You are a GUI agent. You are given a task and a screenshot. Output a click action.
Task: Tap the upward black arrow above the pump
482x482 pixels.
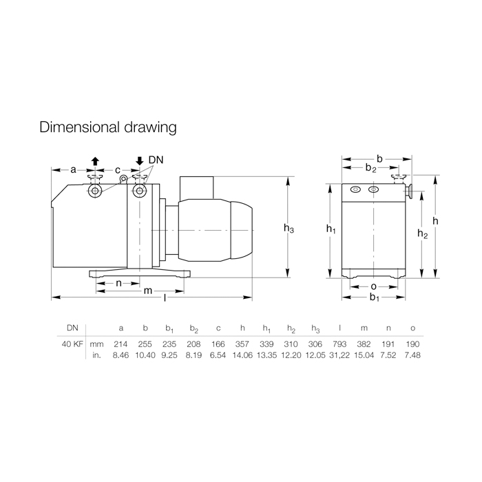(95, 161)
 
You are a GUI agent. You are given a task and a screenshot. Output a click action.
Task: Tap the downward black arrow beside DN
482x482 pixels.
(140, 161)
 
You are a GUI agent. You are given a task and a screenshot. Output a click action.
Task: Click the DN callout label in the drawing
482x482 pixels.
(156, 160)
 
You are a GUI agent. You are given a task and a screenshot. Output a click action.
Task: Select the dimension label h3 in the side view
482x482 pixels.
(289, 228)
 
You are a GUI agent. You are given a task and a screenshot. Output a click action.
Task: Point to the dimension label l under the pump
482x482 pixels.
(165, 297)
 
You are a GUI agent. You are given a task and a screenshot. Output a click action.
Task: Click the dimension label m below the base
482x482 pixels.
(148, 291)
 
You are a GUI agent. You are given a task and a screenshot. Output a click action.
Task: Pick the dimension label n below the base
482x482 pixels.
(118, 283)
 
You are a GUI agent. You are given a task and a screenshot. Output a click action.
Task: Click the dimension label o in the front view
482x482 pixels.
(373, 286)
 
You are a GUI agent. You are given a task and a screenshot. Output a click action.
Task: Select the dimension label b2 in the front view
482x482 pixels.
(370, 168)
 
